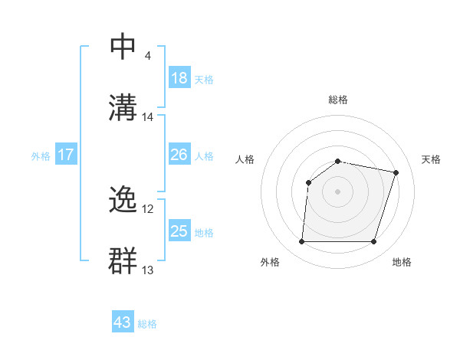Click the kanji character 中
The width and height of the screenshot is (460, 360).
[124, 47]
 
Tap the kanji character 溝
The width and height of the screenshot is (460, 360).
[124, 106]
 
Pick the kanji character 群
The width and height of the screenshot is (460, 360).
[124, 260]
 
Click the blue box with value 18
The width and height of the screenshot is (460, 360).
[179, 78]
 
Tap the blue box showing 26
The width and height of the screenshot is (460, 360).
[179, 155]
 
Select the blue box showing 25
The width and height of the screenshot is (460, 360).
[179, 231]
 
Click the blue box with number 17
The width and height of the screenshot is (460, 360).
[66, 155]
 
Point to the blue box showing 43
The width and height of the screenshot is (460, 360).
[123, 322]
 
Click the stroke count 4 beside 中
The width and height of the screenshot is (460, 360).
[147, 56]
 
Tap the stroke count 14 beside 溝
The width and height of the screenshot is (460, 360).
[148, 117]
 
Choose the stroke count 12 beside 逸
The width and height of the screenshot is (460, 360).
[148, 209]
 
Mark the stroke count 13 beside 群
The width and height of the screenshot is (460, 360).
[148, 270]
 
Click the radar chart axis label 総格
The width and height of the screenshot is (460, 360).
[338, 100]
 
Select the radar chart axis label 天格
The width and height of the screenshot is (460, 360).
[432, 159]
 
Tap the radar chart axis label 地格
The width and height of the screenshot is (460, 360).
[402, 262]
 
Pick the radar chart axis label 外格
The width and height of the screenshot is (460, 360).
[270, 262]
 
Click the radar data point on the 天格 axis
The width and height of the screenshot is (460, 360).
[396, 172]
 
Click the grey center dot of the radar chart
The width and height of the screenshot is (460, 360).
[338, 191]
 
